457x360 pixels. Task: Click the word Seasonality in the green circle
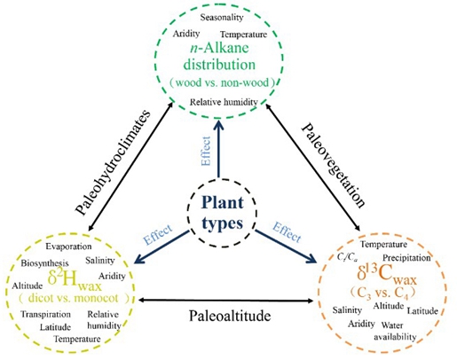tap(222, 18)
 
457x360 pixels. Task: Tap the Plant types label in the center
tap(222, 213)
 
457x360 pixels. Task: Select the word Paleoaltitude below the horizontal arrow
tap(230, 316)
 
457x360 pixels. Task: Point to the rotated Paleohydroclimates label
tap(114, 162)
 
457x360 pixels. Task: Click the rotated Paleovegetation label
tap(333, 165)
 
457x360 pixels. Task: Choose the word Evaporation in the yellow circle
tap(68, 247)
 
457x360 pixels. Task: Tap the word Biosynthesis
tap(44, 263)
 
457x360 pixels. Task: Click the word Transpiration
tap(45, 314)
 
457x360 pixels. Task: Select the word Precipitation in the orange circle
tap(406, 258)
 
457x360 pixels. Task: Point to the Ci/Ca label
tap(347, 257)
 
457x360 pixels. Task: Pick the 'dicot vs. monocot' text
tap(74, 298)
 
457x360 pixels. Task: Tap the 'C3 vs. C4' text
tap(383, 293)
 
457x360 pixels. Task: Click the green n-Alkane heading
tap(219, 48)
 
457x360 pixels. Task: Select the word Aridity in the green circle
tap(186, 34)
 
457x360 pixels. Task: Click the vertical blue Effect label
tap(205, 151)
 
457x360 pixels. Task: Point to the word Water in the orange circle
tap(392, 325)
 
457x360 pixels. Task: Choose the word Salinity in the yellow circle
tap(100, 261)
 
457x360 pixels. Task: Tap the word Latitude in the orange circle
tap(422, 310)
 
